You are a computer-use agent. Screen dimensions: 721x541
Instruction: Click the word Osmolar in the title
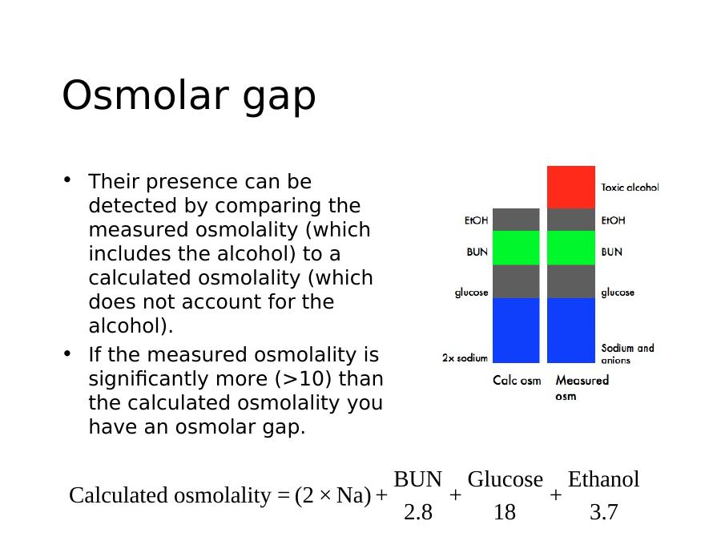coord(146,95)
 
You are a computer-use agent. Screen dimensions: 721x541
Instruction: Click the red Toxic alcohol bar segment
coord(571,188)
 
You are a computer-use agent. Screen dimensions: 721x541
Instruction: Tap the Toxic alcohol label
coord(630,188)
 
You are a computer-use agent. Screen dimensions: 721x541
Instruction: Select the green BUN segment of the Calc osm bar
coord(516,248)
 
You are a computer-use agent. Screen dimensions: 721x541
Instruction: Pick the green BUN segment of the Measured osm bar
coord(571,248)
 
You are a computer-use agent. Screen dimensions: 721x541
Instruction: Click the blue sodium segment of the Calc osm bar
coord(516,330)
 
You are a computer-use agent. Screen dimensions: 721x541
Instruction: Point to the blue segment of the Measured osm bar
coord(571,330)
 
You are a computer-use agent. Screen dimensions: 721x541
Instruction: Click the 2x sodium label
coord(465,357)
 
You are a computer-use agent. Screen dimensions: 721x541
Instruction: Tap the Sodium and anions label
coord(627,353)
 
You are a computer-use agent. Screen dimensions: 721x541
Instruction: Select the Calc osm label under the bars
coord(517,381)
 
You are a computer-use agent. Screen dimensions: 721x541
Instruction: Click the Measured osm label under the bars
coord(582,388)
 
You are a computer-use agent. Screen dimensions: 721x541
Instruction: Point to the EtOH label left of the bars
coord(476,220)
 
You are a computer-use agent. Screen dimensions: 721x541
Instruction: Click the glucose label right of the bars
coord(618,293)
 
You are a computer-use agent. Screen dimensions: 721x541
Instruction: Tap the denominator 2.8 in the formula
coord(418,512)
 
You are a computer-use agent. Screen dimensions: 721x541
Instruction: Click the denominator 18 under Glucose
coord(505,512)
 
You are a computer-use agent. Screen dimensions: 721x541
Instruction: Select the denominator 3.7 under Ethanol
coord(604,512)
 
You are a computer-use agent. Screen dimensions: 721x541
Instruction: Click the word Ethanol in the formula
coord(604,479)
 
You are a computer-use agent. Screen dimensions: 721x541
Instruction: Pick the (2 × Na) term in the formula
coord(333,495)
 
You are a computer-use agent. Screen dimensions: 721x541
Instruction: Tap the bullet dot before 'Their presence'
coord(67,180)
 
